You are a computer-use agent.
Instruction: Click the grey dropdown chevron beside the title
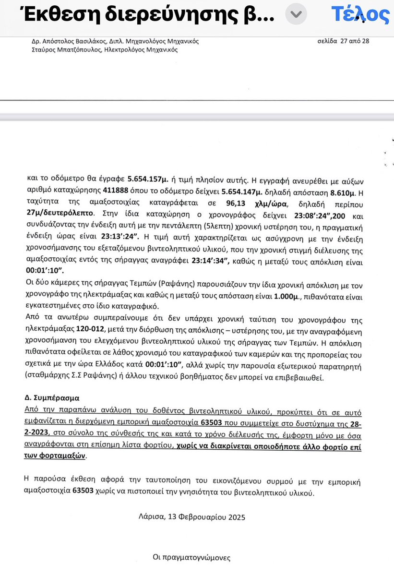(x=296, y=15)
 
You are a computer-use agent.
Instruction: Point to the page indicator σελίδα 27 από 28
(x=343, y=41)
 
